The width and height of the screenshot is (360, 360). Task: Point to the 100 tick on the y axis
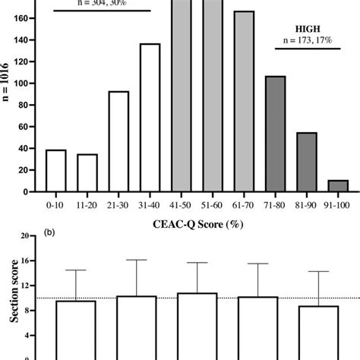[x=28, y=80]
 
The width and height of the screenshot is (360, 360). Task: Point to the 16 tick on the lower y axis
[x=30, y=261]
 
